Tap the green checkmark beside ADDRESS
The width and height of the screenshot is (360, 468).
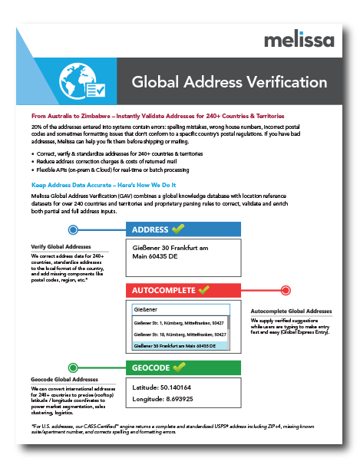click(x=178, y=229)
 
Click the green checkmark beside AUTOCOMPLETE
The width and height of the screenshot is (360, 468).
click(x=203, y=291)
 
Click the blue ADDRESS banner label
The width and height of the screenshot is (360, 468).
click(x=150, y=229)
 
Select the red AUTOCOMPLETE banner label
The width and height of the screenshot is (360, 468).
click(x=163, y=291)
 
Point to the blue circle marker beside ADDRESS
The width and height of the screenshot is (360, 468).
click(x=72, y=229)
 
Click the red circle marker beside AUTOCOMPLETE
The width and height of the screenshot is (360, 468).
click(x=286, y=291)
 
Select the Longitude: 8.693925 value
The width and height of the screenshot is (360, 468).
click(x=163, y=400)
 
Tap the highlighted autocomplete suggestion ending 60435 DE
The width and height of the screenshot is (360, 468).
click(x=179, y=345)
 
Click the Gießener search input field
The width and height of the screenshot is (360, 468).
click(x=179, y=310)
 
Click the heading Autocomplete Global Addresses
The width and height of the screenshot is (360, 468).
click(x=292, y=311)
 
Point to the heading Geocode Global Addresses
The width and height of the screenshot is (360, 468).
click(x=64, y=380)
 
